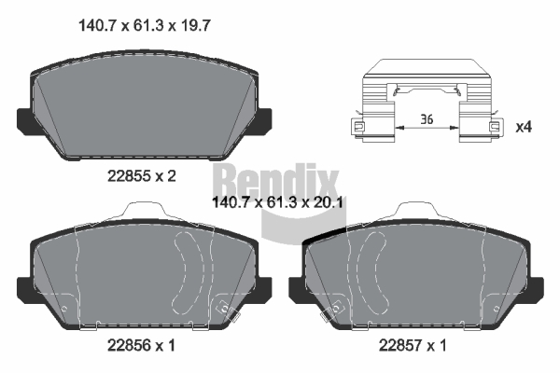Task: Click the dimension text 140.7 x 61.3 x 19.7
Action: point(145,26)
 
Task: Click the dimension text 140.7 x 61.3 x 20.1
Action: point(277,202)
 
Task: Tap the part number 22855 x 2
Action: point(142,176)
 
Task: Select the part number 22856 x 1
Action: point(142,345)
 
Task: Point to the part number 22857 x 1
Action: point(413,345)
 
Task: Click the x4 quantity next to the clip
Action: point(524,127)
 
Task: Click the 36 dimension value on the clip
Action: point(427,118)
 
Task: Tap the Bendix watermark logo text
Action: point(275,181)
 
